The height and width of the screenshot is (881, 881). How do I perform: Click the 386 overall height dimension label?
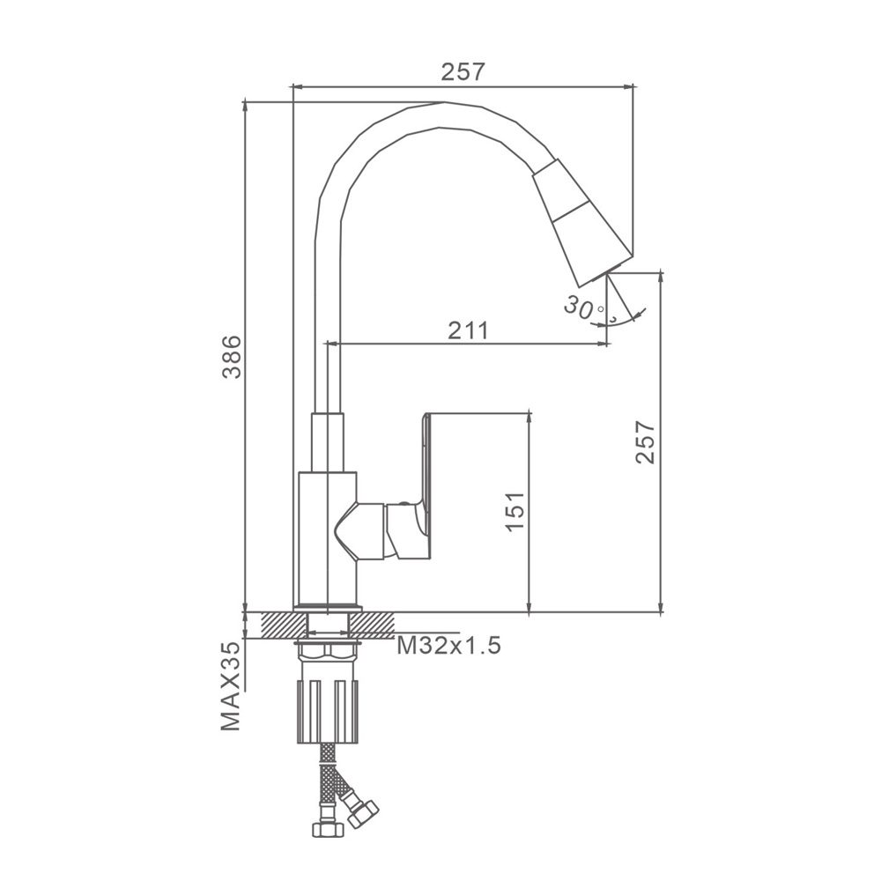[231, 357]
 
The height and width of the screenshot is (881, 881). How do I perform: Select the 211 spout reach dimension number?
[468, 330]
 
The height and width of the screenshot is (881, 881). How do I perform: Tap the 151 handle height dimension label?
[515, 511]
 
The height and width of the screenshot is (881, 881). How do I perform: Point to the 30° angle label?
[584, 307]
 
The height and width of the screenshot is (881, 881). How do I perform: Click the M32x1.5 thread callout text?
[448, 646]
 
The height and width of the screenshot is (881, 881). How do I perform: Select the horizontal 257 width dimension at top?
[462, 72]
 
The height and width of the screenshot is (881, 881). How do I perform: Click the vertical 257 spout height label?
[646, 442]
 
